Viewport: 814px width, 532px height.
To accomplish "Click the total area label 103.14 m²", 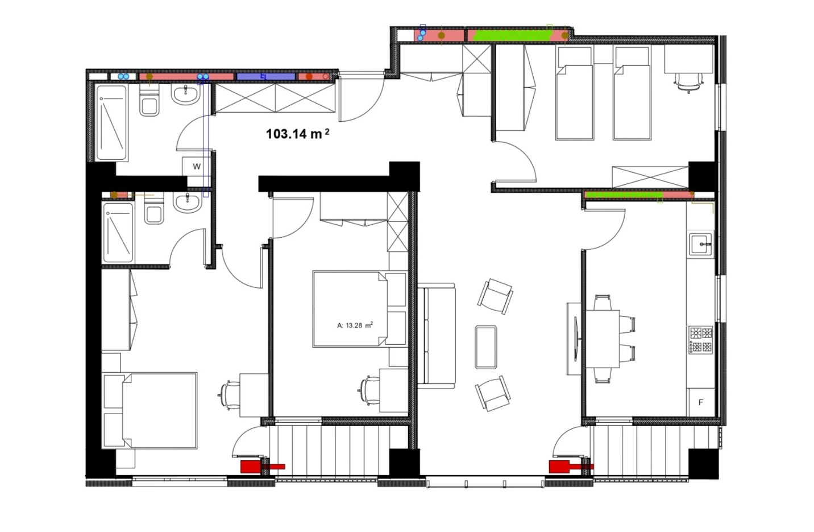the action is [298, 134].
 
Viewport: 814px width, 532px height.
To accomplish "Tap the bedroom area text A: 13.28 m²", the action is [355, 325].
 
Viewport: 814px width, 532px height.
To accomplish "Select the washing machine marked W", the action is [197, 167].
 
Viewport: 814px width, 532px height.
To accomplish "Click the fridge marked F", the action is [701, 402].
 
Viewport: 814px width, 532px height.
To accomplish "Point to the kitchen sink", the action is [701, 244].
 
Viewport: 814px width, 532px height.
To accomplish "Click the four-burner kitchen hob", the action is [701, 340].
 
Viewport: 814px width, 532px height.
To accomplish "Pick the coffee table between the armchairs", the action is [486, 347].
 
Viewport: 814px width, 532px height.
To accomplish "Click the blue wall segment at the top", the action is [265, 76].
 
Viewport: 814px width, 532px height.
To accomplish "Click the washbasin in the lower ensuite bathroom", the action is [187, 202].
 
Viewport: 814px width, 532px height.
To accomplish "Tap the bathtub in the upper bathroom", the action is [111, 122].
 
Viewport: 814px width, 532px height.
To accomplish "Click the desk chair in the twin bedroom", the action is [688, 83].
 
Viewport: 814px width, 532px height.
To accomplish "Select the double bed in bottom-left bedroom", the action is [150, 410].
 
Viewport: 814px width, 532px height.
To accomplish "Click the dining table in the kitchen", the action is [603, 339].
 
